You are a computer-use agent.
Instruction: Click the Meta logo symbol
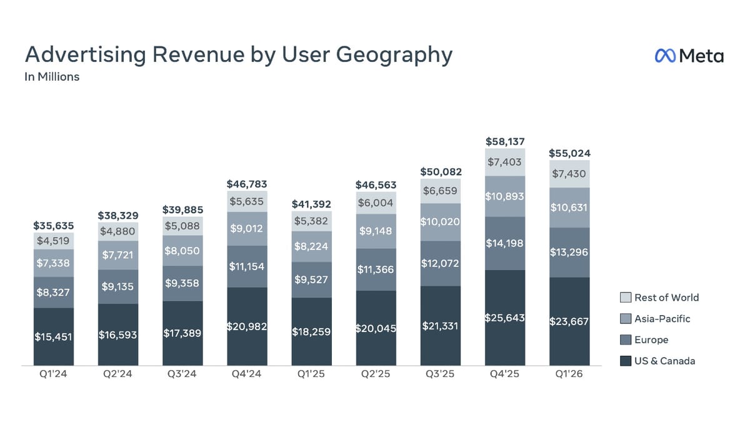[665, 56]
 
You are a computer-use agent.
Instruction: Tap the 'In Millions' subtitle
[52, 77]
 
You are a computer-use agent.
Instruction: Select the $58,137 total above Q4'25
[505, 141]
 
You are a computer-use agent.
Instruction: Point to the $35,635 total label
[54, 226]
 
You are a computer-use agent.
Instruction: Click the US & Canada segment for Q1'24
[54, 336]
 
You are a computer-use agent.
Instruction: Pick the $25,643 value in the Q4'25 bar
[505, 318]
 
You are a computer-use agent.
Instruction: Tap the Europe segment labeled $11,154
[247, 266]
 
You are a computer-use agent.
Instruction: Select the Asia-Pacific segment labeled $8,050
[182, 250]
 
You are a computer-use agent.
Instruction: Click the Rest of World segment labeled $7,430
[569, 174]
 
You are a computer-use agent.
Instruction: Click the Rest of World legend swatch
[625, 298]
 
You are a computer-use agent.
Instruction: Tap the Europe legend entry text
[651, 340]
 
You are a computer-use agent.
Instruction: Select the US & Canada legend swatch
[625, 361]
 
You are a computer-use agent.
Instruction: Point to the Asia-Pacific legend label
[662, 319]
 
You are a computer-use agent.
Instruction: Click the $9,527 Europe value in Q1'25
[311, 279]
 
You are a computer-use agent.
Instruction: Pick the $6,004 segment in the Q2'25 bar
[376, 203]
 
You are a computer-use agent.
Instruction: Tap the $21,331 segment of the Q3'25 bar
[441, 326]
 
